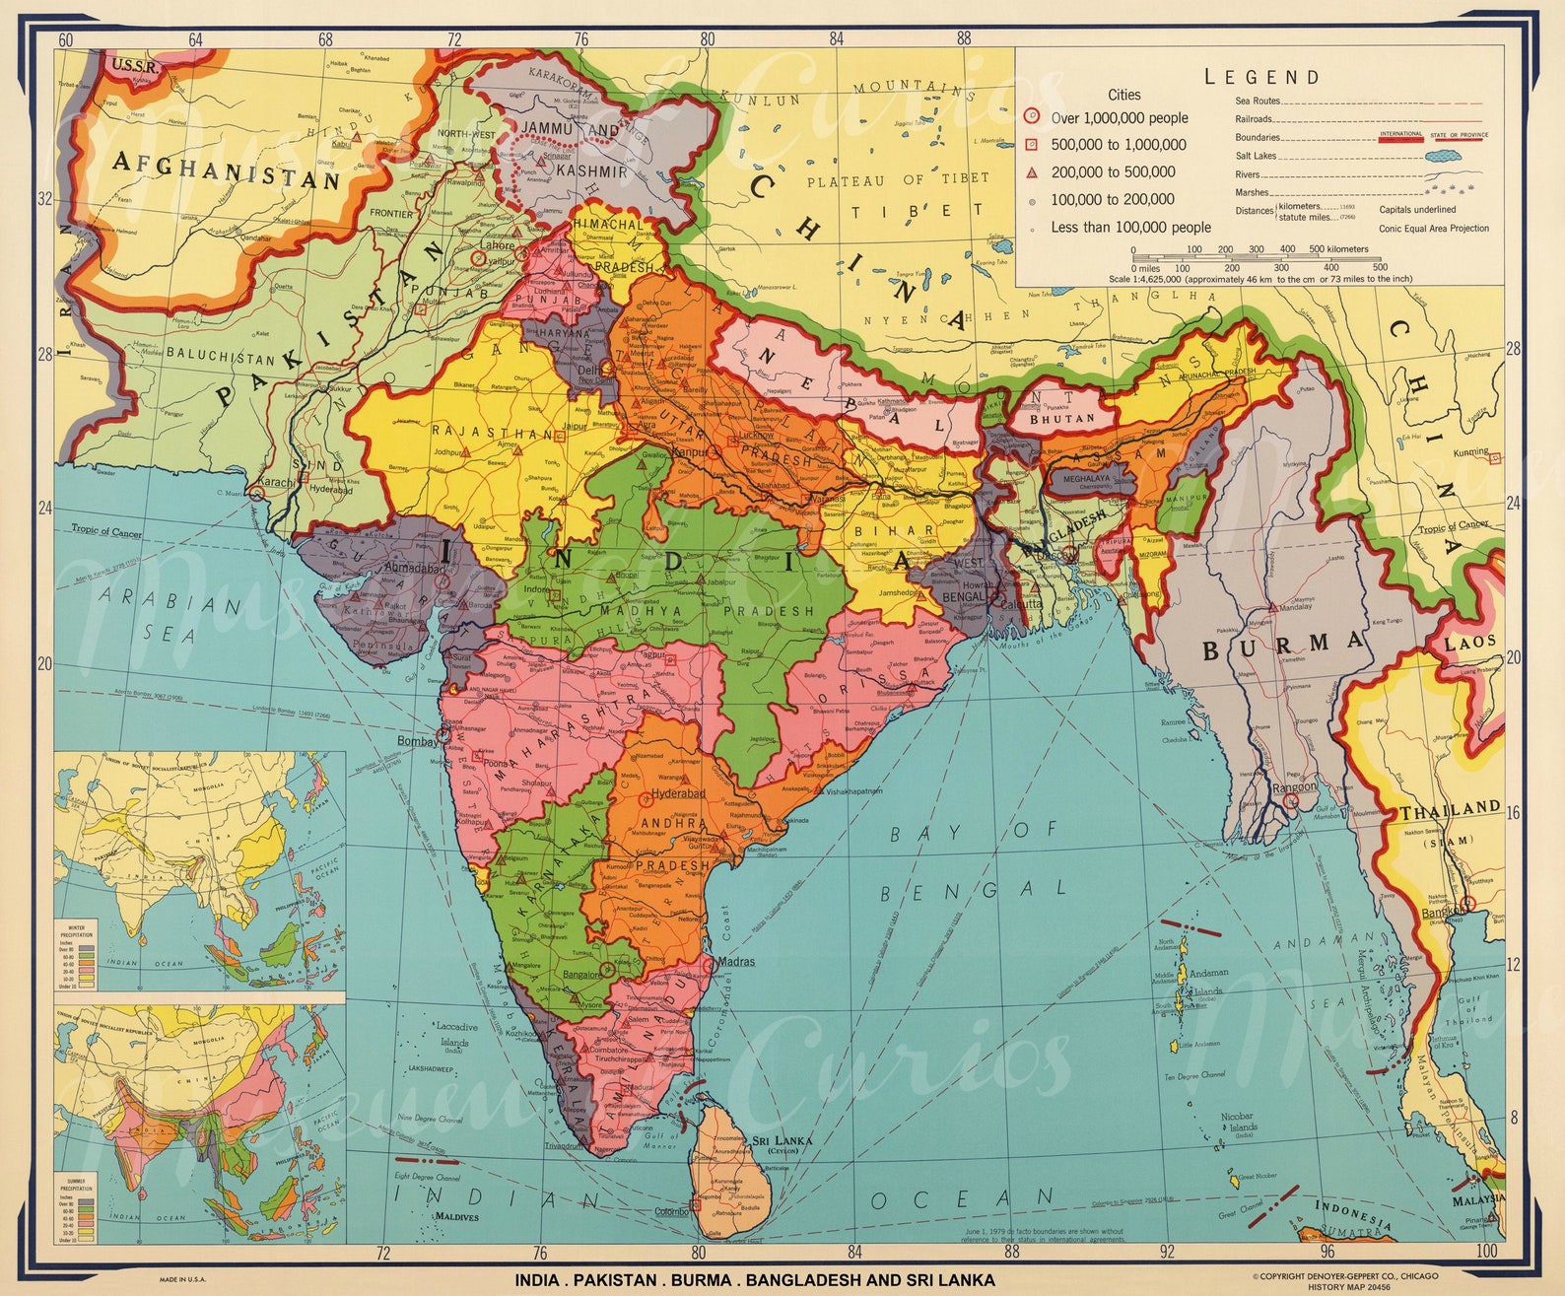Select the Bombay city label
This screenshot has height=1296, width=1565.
417,741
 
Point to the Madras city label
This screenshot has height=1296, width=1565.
737,961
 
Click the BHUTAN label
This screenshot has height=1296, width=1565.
1061,419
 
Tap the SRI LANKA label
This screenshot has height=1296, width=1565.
782,1141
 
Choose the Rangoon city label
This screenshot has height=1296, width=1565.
1294,786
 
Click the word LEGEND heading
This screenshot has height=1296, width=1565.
1261,77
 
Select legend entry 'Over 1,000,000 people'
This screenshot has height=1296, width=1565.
1119,118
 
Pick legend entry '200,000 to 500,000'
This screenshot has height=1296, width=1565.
1113,171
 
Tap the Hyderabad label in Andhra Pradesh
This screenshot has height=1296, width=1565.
678,793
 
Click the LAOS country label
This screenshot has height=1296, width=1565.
1469,643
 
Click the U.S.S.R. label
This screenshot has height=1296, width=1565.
135,67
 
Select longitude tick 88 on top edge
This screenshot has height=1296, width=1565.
963,38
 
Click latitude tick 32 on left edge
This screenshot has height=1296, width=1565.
44,198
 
